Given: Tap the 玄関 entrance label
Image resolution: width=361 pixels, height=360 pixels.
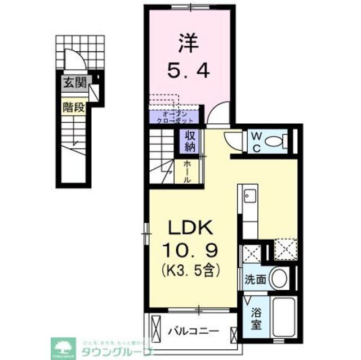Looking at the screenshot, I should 74,84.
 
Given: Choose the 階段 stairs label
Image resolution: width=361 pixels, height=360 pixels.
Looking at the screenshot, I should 74,107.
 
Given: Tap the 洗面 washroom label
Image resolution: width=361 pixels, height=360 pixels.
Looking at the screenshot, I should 253,278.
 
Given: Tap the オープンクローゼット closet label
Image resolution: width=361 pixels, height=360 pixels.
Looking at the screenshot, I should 175,117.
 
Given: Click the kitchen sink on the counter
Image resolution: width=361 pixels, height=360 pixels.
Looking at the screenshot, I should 248,196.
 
